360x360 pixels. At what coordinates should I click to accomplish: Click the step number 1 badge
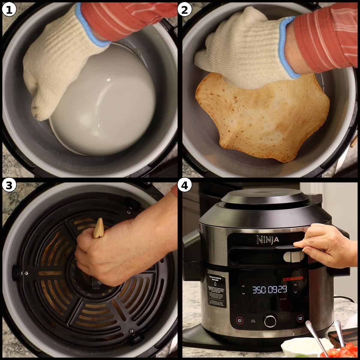pos(9,10)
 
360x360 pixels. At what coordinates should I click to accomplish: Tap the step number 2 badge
pos(184,10)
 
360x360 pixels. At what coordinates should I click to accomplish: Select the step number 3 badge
pos(9,185)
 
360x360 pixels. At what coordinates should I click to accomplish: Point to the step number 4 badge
pos(184,185)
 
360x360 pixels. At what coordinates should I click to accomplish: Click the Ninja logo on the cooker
pos(267,240)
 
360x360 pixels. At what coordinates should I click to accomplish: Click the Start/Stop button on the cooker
pos(299,319)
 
